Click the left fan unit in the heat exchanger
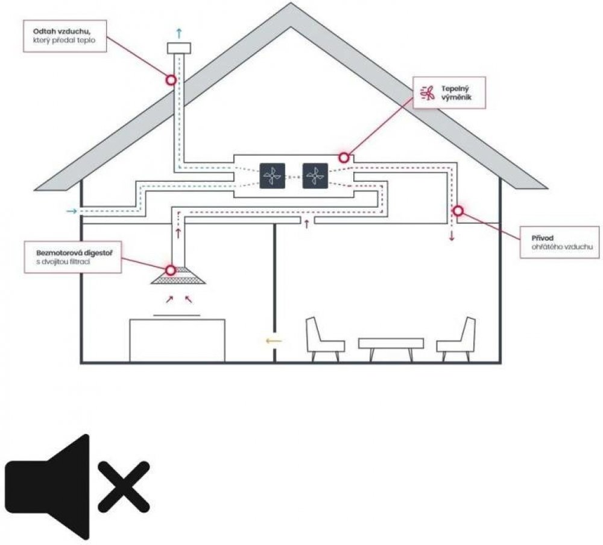(x=272, y=176)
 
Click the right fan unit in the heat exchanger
(x=315, y=176)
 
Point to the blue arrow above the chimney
(x=178, y=31)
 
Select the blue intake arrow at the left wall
(x=71, y=211)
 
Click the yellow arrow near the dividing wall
(x=273, y=341)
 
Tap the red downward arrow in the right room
(x=451, y=235)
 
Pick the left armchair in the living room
(x=324, y=339)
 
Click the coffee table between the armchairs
(x=391, y=345)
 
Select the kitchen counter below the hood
(x=177, y=340)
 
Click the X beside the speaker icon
(x=123, y=485)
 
